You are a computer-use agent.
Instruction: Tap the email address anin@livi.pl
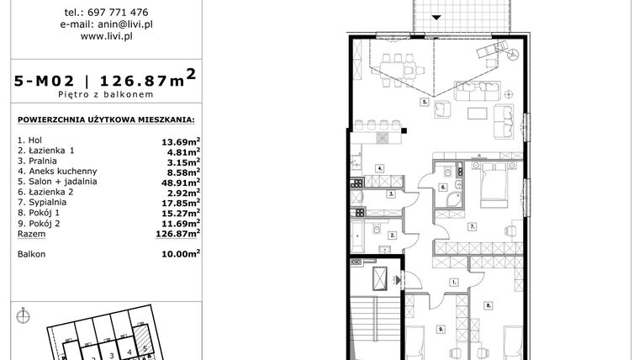click(106, 24)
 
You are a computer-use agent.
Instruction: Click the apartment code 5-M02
click(45, 82)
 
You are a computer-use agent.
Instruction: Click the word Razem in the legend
click(30, 236)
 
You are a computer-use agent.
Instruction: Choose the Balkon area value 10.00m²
click(181, 252)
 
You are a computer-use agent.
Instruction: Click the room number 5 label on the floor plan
click(425, 102)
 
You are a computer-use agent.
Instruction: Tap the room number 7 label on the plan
click(473, 225)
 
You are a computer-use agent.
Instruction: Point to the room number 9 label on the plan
click(441, 331)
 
